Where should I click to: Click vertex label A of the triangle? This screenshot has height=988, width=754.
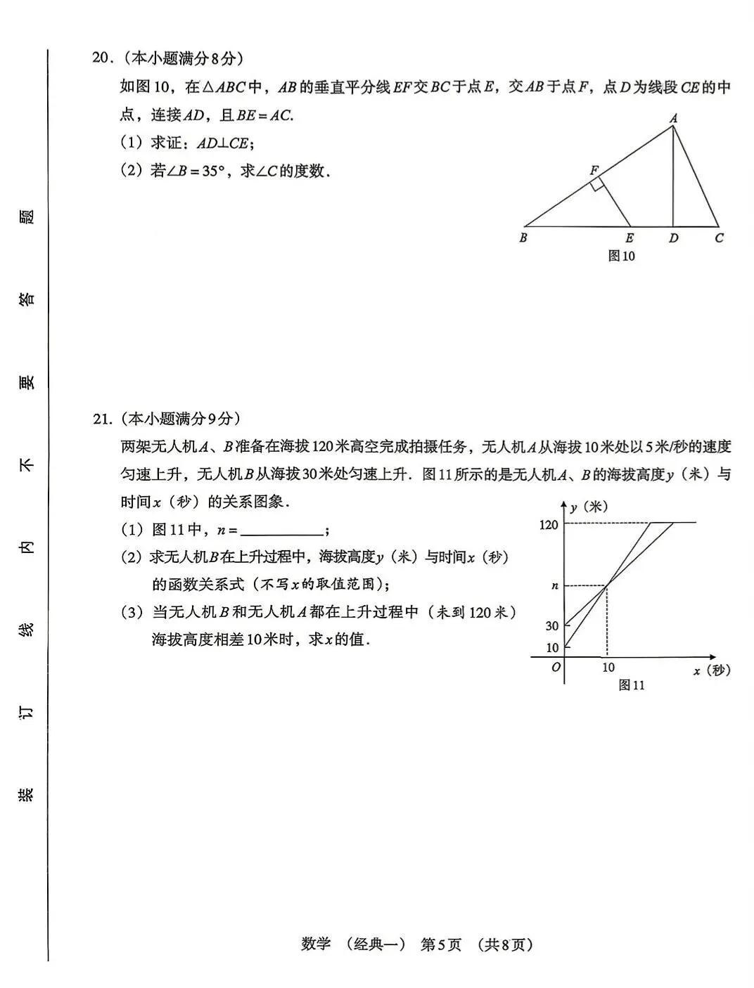point(673,118)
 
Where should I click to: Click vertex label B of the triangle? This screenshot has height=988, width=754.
point(523,238)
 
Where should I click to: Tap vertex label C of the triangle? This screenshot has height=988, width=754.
point(719,238)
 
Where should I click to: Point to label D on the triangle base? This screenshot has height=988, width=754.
point(673,238)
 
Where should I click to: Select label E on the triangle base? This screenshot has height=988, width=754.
point(630,238)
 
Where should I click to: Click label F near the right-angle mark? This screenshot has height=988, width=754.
point(594,171)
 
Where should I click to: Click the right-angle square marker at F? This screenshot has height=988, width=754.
point(596,185)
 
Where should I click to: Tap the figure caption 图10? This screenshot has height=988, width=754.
point(621,256)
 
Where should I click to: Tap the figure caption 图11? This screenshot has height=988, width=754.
point(631,685)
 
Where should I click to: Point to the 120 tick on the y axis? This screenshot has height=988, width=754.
point(549,525)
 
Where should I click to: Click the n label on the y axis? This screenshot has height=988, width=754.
point(554,585)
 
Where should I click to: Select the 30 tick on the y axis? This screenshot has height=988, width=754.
point(552,625)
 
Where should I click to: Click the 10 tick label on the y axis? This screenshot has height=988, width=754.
point(552,647)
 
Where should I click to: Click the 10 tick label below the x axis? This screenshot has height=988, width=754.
point(608,668)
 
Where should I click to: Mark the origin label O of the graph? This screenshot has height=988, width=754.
point(556,668)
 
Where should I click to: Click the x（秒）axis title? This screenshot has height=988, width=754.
point(712,670)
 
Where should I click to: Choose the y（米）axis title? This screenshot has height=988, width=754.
point(589,507)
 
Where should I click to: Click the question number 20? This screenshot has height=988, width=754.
point(102,58)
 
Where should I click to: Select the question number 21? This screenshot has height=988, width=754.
point(102,420)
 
